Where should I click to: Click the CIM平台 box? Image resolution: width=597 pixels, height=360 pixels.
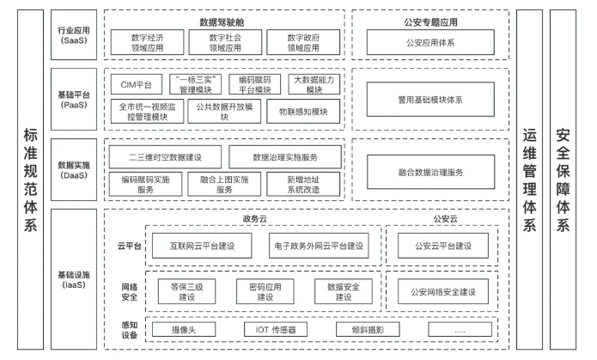click(136, 84)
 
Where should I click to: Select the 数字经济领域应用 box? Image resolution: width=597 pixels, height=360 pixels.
click(148, 42)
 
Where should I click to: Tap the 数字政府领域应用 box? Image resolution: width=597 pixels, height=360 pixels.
click(296, 42)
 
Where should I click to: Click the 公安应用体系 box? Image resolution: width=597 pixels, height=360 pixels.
click(429, 42)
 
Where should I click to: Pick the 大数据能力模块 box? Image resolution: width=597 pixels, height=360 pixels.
click(314, 84)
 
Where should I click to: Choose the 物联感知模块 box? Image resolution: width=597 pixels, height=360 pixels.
click(297, 111)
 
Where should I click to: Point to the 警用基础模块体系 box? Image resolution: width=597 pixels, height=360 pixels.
click(429, 99)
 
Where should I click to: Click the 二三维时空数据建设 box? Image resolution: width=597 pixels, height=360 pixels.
click(164, 157)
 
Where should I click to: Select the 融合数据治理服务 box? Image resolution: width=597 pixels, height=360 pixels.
click(429, 172)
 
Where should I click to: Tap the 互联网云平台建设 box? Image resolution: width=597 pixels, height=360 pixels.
click(204, 247)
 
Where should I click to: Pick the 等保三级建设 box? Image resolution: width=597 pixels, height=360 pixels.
click(187, 290)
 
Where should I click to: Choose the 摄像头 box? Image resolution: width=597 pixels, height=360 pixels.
click(186, 329)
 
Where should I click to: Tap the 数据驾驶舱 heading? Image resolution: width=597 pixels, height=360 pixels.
click(222, 20)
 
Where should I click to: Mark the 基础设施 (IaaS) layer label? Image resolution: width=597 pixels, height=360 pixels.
click(74, 278)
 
